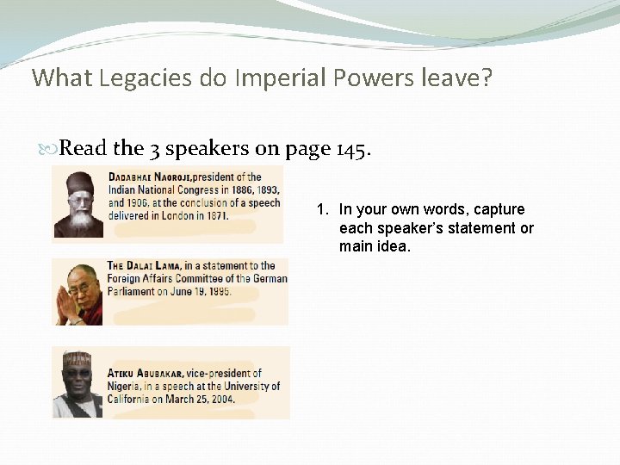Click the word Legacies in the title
coord(138,78)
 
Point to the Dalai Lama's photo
coord(78,293)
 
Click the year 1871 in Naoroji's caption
coord(214,216)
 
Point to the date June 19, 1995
coord(200,292)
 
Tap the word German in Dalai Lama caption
coord(268,279)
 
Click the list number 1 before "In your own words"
coord(321,209)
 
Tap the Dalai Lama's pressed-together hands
coord(66,306)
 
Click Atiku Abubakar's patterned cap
coord(77,359)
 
